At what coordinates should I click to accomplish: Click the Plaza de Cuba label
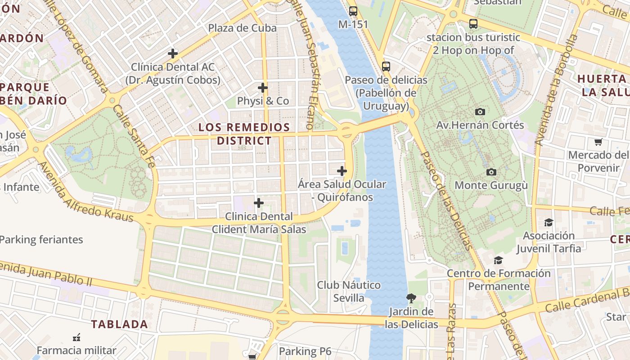click(x=242, y=28)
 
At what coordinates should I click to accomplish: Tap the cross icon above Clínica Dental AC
click(x=173, y=54)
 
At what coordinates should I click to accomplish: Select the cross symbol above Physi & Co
click(x=263, y=87)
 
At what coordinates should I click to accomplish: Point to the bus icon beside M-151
click(x=353, y=11)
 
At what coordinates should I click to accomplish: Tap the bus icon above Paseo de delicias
click(x=386, y=67)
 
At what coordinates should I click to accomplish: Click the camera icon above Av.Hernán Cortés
click(x=480, y=112)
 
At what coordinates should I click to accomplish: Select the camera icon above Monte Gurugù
click(x=491, y=172)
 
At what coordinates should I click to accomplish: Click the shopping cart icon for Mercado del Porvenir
click(x=598, y=142)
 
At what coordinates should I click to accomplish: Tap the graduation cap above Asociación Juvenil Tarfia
click(x=549, y=222)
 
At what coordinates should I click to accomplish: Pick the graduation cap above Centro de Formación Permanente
click(x=498, y=260)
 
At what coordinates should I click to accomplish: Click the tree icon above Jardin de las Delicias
click(x=411, y=297)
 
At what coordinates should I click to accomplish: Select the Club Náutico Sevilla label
click(x=349, y=291)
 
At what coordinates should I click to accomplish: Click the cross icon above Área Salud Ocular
click(x=342, y=171)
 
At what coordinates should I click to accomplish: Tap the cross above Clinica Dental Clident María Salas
click(x=259, y=203)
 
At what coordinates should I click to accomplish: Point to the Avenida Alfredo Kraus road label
click(x=85, y=192)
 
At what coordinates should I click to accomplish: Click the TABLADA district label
click(x=119, y=324)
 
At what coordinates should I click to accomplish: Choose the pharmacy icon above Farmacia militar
click(x=76, y=337)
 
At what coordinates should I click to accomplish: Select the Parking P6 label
click(x=305, y=351)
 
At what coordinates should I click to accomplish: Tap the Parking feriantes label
click(x=41, y=239)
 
